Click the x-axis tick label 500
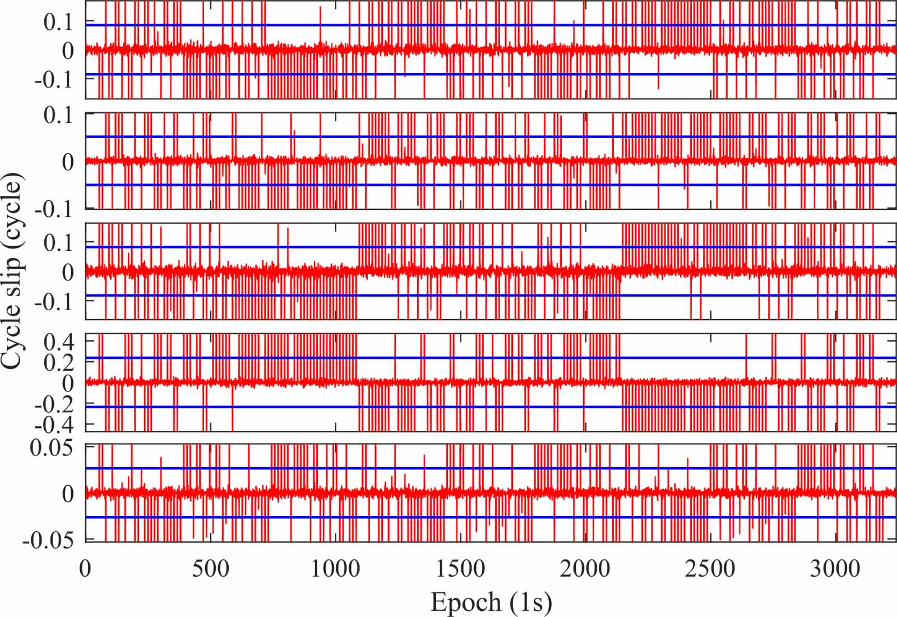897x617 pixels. tap(210, 569)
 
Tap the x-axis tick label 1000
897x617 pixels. tap(335, 569)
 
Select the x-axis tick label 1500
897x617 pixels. tap(460, 569)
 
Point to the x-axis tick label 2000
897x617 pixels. tap(585, 569)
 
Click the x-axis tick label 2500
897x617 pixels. tap(710, 569)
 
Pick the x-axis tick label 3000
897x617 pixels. tap(835, 569)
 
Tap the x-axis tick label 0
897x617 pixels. tap(85, 569)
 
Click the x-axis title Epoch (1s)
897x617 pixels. tap(491, 602)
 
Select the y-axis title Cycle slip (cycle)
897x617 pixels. tap(12, 271)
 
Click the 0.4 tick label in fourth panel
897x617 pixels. tap(59, 341)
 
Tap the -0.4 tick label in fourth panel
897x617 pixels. tap(54, 425)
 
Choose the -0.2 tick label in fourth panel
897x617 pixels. tap(54, 404)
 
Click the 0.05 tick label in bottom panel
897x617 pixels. tap(52, 448)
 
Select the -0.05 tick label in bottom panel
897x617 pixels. tap(48, 540)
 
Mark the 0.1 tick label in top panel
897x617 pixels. tap(59, 22)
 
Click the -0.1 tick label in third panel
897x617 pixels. tap(54, 302)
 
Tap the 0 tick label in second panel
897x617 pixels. tap(68, 162)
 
